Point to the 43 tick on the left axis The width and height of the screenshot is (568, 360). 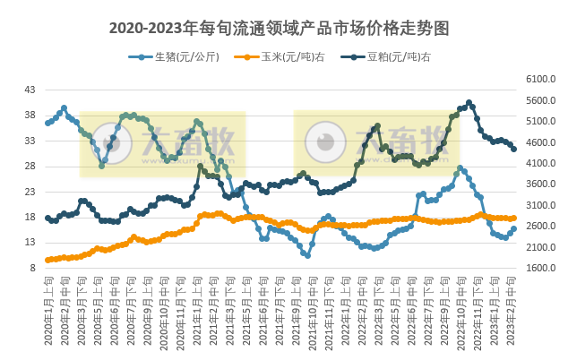pos(30,90)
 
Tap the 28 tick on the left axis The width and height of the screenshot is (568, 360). pos(30,166)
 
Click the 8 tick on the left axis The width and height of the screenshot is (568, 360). pos(32,268)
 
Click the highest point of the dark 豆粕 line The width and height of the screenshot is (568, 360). pos(469,103)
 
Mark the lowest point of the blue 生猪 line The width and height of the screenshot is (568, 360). pos(307,255)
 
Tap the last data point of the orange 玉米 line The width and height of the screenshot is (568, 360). pos(513,218)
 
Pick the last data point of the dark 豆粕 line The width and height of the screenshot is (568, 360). pos(513,149)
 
